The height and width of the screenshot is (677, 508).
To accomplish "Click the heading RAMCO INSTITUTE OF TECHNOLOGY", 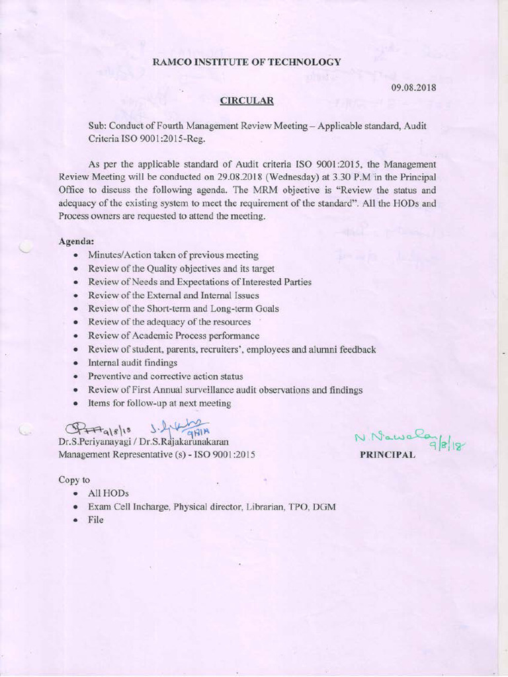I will [x=247, y=61].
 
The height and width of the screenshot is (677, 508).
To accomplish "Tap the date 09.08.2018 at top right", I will [x=413, y=87].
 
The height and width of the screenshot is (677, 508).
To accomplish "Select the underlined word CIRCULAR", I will [x=246, y=100].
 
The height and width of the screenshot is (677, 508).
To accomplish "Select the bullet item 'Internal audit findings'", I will [x=132, y=362].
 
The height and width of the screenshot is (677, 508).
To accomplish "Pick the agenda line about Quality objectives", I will [x=181, y=268].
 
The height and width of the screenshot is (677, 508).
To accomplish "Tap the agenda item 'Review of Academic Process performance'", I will [x=173, y=335].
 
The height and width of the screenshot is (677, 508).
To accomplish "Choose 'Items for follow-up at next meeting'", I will [x=159, y=403].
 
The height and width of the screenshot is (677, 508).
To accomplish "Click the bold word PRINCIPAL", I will [x=387, y=455].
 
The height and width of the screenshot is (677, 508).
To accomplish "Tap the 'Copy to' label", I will [x=74, y=479].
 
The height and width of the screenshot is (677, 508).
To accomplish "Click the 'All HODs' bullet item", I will [x=108, y=493].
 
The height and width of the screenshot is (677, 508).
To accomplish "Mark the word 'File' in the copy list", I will [x=96, y=520].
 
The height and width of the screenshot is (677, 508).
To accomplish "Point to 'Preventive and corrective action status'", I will [x=165, y=376].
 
